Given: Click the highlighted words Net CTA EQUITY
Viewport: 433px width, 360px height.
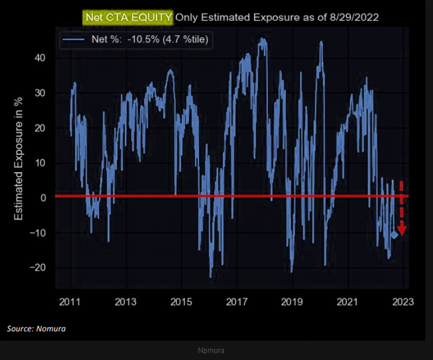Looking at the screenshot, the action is click(x=129, y=18).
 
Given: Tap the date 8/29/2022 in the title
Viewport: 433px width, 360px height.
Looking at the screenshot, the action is click(x=354, y=18).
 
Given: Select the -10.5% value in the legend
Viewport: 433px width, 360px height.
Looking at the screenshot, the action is click(x=143, y=39).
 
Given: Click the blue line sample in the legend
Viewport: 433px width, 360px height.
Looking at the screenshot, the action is click(x=73, y=39).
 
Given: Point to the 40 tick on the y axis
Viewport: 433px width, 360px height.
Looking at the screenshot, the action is click(x=40, y=58).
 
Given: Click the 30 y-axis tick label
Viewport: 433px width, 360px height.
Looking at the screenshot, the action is click(x=40, y=93).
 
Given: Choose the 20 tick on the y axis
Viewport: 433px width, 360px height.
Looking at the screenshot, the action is click(x=40, y=128).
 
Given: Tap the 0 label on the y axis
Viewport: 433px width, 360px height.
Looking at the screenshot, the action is click(x=43, y=198).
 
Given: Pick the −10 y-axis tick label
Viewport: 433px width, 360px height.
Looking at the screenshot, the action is click(x=38, y=233).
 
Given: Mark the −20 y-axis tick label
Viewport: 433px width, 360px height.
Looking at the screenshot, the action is click(x=38, y=268).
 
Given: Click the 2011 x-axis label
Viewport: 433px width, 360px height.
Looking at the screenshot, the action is click(x=70, y=302).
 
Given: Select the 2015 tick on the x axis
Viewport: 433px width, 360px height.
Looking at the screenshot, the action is click(x=181, y=302).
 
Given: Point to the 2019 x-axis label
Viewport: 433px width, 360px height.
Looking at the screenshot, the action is click(x=292, y=302).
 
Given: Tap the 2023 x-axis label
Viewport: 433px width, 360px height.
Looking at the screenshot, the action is click(x=403, y=302).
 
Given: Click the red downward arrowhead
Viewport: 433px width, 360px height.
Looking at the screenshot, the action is click(x=402, y=230).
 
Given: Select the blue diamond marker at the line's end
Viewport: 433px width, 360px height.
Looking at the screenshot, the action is click(x=394, y=235).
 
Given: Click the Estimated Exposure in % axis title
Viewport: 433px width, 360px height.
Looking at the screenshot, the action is click(x=18, y=159).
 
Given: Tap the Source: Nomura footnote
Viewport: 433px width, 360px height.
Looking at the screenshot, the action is click(x=36, y=328).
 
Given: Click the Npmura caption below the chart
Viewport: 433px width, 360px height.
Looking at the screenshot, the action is click(x=211, y=351).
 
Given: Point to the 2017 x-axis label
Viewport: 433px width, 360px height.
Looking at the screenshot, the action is click(x=237, y=302).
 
